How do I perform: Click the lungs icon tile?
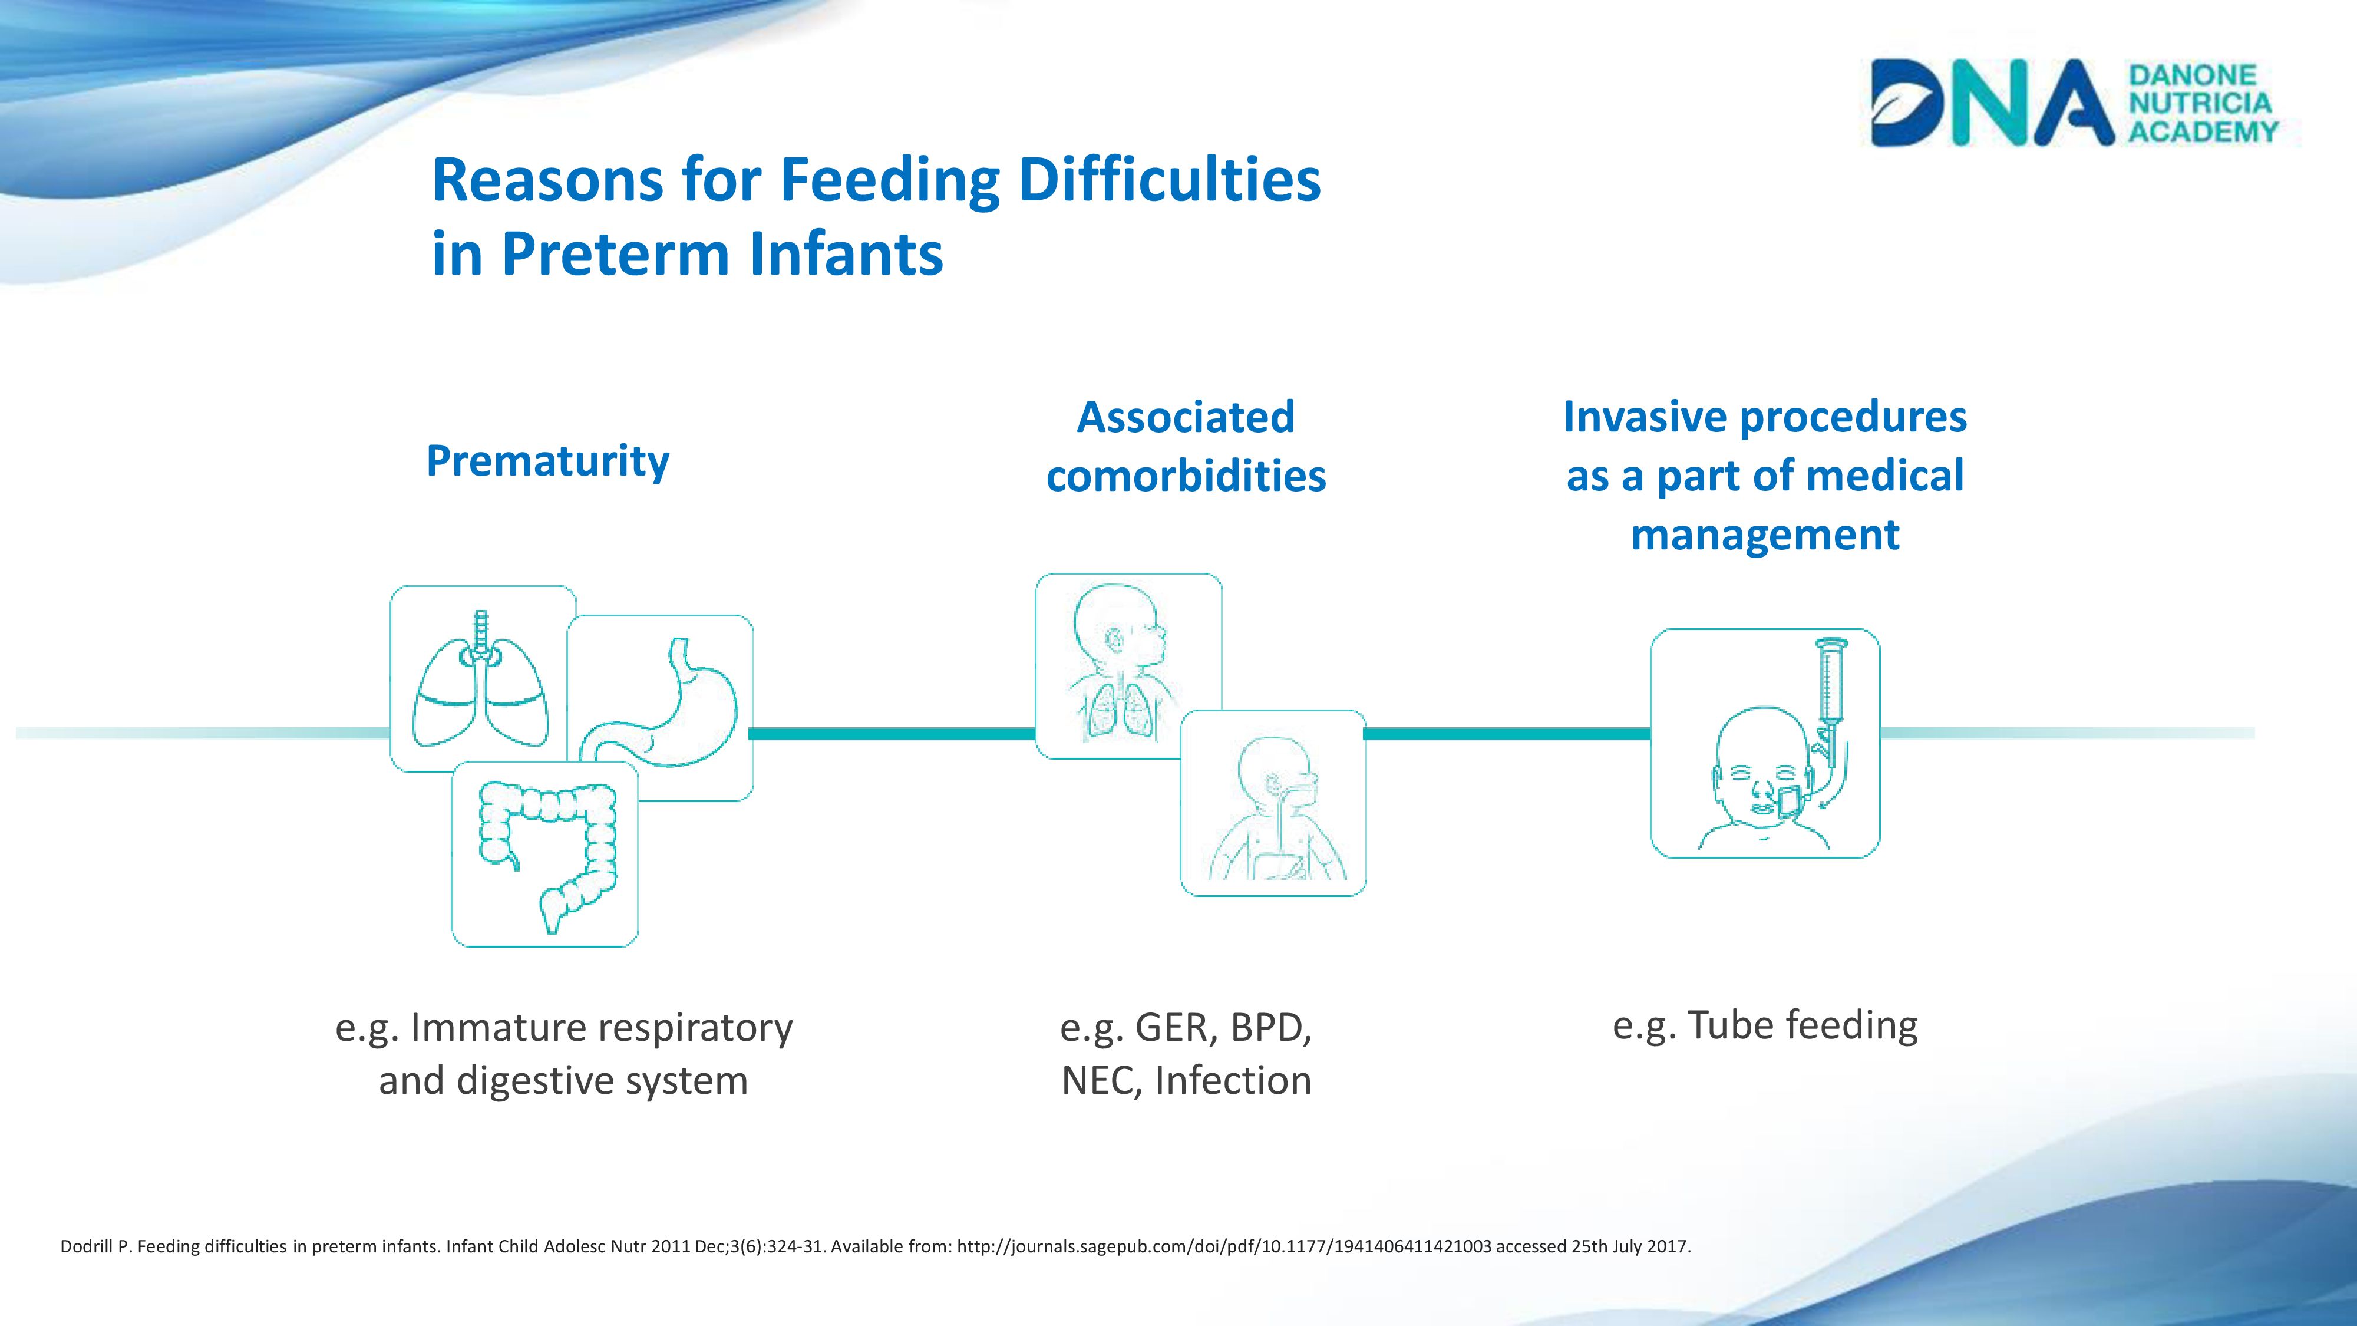[x=482, y=678]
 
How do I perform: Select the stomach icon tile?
[x=661, y=707]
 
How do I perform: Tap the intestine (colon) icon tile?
[x=544, y=853]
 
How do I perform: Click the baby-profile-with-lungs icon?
[x=1128, y=665]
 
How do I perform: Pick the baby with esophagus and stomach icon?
[x=1273, y=803]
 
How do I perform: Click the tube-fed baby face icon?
[x=1765, y=743]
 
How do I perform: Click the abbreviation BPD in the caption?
[x=1271, y=1028]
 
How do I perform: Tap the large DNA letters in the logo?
[x=1992, y=103]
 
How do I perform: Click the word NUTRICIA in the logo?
[x=2200, y=103]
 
